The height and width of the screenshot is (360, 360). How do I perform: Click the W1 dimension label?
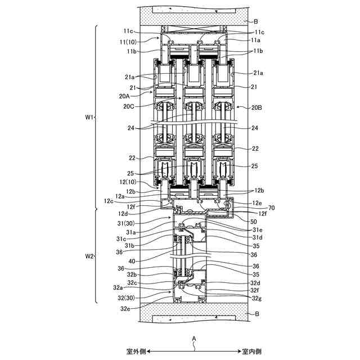[88, 118]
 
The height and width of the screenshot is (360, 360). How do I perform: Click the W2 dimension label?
[88, 256]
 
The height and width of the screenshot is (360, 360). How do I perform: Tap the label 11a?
[255, 40]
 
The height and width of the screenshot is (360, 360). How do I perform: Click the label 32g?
[256, 298]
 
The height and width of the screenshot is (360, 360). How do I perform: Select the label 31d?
[256, 238]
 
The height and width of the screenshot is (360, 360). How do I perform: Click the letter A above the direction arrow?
[194, 338]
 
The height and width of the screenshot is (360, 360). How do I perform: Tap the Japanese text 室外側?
[136, 352]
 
